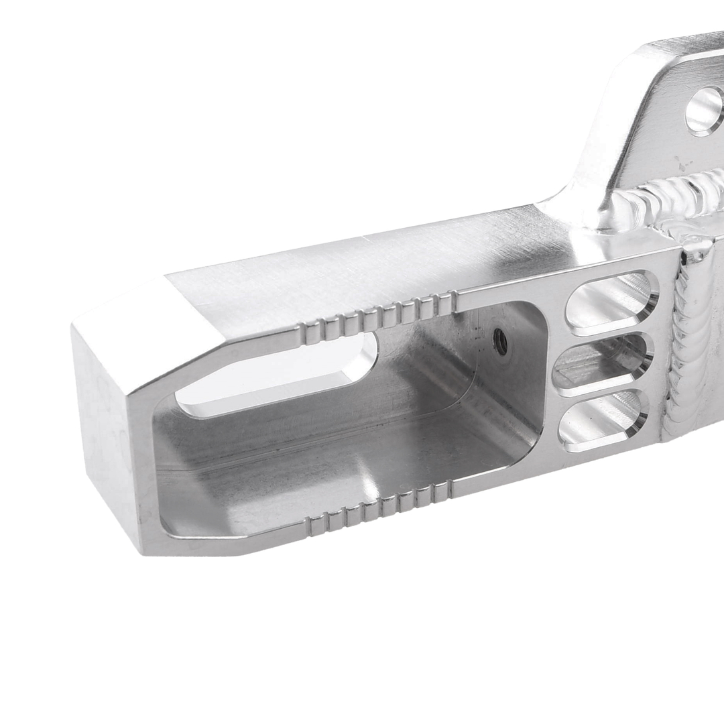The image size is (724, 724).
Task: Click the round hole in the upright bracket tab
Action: click(x=705, y=111)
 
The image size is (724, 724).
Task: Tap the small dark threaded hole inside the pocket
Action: click(x=500, y=341)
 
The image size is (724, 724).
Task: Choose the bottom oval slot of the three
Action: click(x=603, y=420)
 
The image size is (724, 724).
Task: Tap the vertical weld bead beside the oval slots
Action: click(x=687, y=342)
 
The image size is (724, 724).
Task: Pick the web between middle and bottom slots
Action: click(x=600, y=391)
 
